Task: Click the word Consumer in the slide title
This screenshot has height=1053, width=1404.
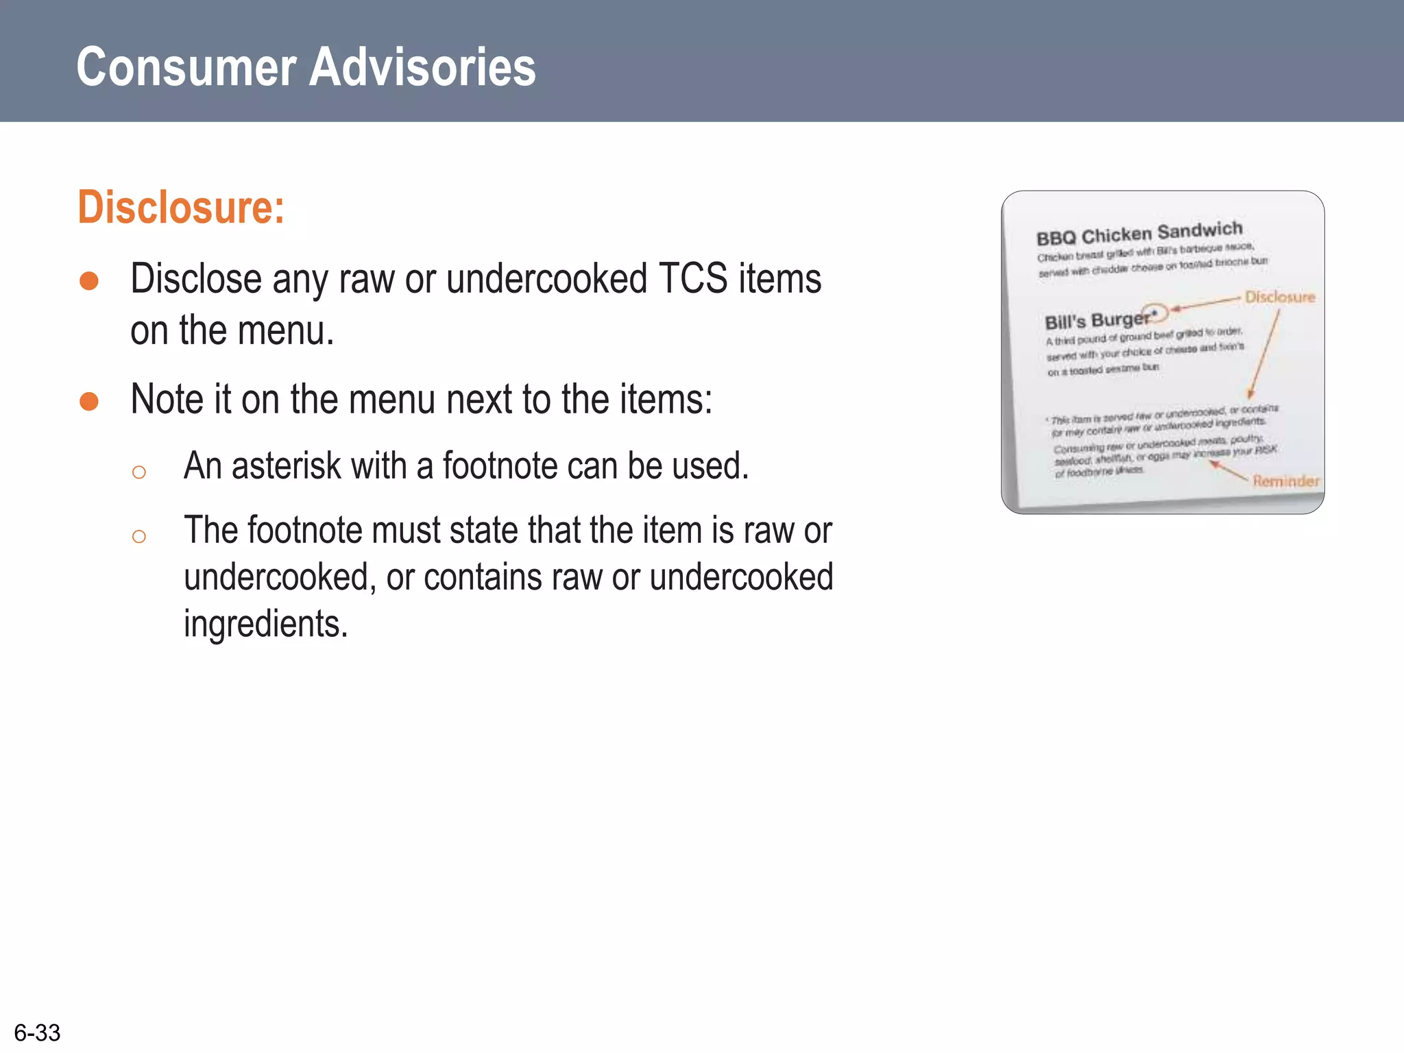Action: [x=186, y=67]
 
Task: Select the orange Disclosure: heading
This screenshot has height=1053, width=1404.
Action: [x=181, y=207]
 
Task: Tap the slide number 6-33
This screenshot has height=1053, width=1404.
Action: [x=37, y=1032]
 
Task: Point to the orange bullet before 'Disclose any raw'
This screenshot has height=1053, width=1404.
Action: [x=89, y=281]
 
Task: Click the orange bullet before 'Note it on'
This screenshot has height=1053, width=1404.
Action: [x=89, y=401]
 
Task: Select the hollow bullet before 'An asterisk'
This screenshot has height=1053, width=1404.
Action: [x=138, y=472]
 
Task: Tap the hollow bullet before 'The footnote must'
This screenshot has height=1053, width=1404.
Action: [x=138, y=536]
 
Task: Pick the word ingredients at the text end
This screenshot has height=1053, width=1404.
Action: [x=265, y=624]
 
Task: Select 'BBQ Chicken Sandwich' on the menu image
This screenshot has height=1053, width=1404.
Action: [x=1139, y=233]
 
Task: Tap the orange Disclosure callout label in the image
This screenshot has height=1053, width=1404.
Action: [x=1280, y=297]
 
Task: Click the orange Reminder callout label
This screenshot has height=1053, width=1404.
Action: [x=1285, y=481]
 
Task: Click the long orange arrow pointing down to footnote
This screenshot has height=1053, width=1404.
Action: [x=1265, y=353]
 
